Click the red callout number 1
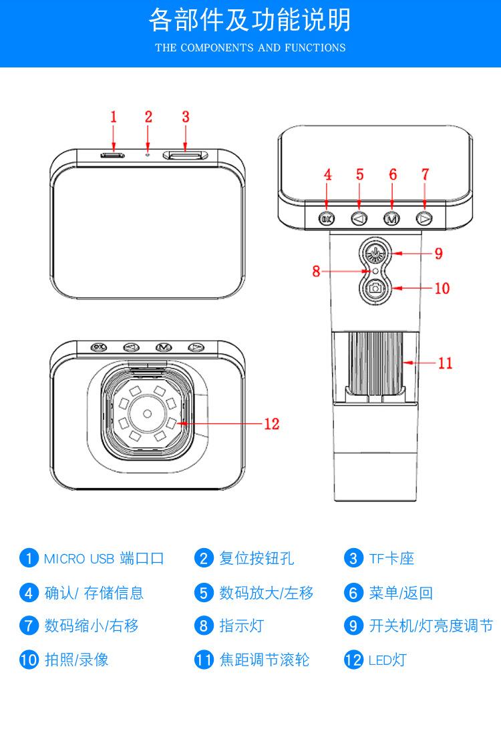[113, 116]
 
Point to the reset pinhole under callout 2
[148, 154]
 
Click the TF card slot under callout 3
[185, 155]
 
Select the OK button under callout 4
[327, 218]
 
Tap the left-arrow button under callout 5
[359, 218]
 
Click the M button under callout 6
[391, 218]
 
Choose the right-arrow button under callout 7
[424, 218]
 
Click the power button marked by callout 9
[375, 254]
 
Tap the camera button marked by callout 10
[375, 288]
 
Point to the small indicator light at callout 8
[375, 271]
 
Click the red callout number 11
[445, 362]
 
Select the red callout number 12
[271, 423]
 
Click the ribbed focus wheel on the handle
[375, 362]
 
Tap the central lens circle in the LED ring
[147, 414]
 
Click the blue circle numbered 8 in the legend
[204, 626]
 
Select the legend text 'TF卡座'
[391, 558]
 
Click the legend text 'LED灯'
[387, 660]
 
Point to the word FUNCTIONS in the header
[315, 47]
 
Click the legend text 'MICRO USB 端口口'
[104, 558]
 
